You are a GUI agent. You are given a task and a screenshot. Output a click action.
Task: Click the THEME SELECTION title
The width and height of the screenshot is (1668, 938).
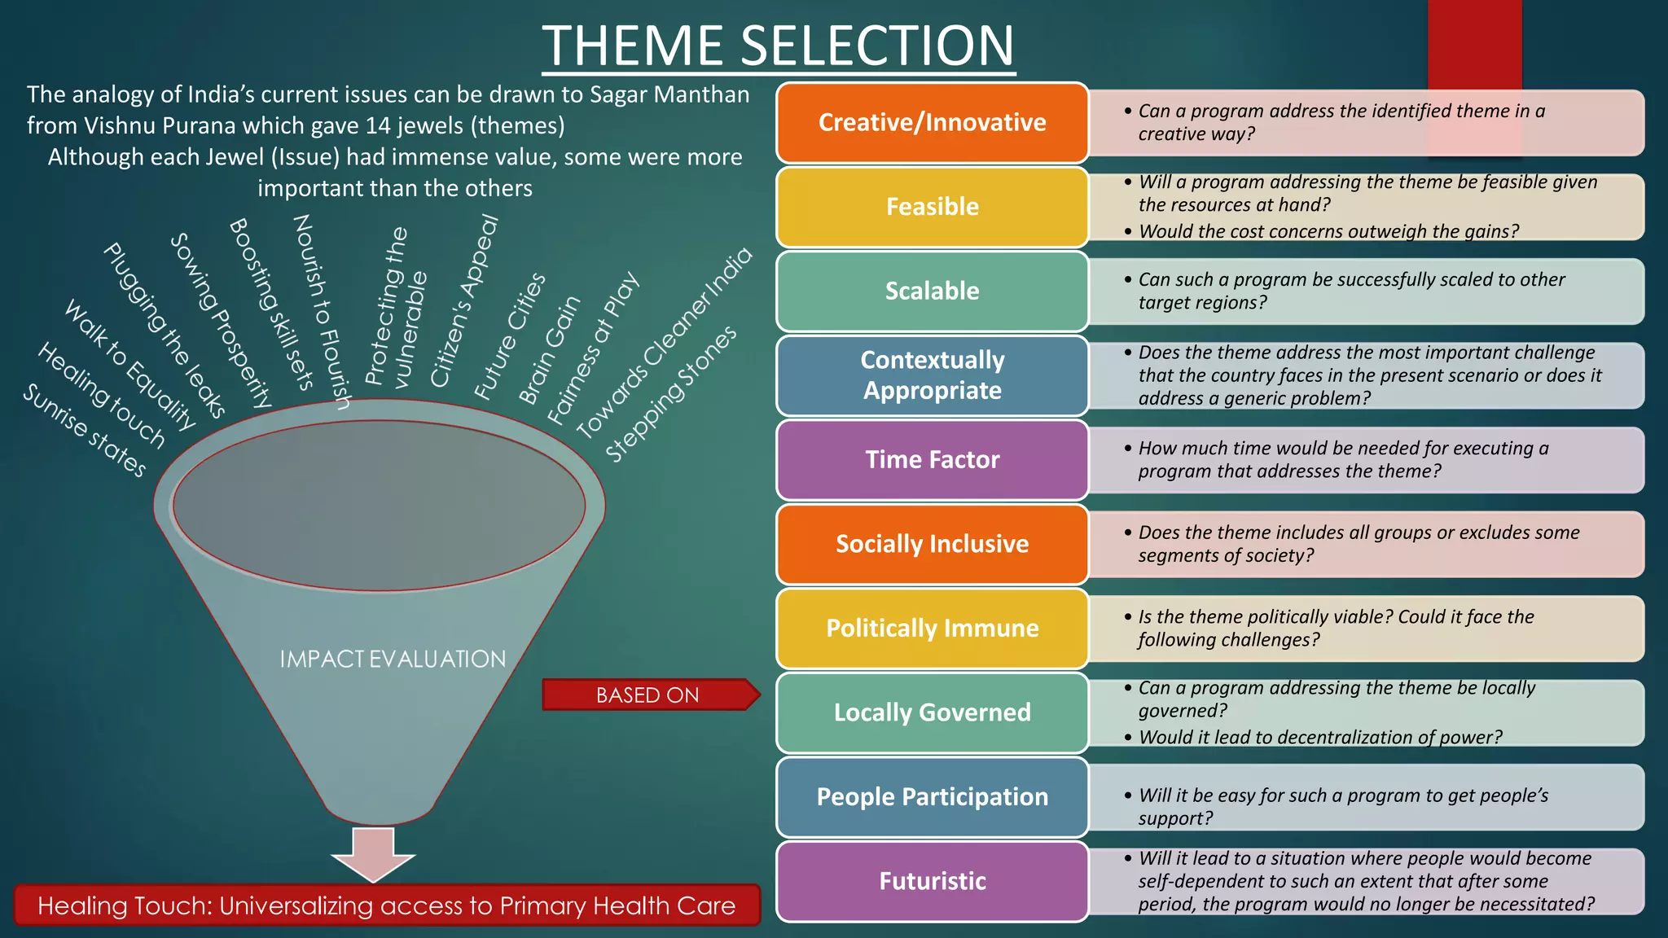click(779, 46)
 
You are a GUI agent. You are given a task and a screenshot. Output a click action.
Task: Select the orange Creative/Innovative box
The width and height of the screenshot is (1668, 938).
click(932, 122)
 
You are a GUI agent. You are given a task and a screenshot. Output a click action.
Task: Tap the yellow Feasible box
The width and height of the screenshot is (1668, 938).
click(932, 207)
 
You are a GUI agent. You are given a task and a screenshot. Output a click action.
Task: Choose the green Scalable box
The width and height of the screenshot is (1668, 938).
click(932, 291)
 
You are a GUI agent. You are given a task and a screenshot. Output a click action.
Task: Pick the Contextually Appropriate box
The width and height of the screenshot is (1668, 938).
click(932, 375)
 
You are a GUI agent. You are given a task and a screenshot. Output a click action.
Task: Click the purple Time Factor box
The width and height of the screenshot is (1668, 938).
click(932, 459)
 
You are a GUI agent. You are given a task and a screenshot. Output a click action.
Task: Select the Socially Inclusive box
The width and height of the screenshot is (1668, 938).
click(932, 544)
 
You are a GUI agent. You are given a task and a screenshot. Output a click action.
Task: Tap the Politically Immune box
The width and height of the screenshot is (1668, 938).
click(932, 628)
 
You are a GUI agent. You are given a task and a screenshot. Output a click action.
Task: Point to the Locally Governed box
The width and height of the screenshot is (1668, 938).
click(932, 712)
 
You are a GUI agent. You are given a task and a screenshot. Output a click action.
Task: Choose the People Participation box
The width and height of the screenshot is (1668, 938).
click(932, 796)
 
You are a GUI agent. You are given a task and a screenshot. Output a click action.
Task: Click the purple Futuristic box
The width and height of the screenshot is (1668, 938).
click(932, 881)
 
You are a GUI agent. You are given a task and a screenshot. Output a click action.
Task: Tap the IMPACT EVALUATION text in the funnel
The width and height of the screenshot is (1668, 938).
click(393, 659)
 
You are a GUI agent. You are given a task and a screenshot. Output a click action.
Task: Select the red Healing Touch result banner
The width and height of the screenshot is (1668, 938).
click(387, 905)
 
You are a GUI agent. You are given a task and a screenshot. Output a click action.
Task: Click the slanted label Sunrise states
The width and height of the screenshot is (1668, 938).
click(84, 430)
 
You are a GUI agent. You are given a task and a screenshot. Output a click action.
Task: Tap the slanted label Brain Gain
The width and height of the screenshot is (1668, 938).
click(550, 349)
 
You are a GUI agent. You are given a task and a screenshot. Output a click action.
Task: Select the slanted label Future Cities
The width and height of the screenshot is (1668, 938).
click(511, 335)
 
